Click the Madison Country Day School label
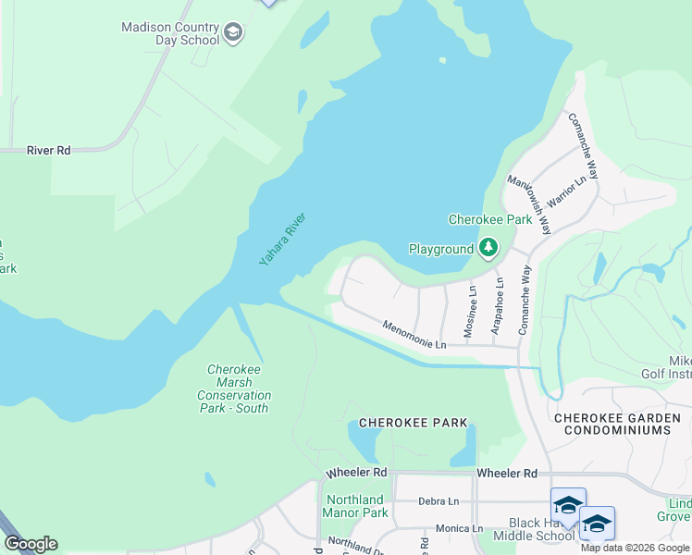click(170, 33)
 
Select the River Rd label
click(49, 150)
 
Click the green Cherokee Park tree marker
click(488, 248)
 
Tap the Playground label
click(440, 249)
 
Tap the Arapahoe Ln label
click(498, 306)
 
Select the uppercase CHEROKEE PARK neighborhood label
click(413, 424)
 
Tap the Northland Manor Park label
click(355, 506)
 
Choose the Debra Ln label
click(439, 500)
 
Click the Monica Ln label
click(459, 528)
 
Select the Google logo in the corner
click(31, 544)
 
